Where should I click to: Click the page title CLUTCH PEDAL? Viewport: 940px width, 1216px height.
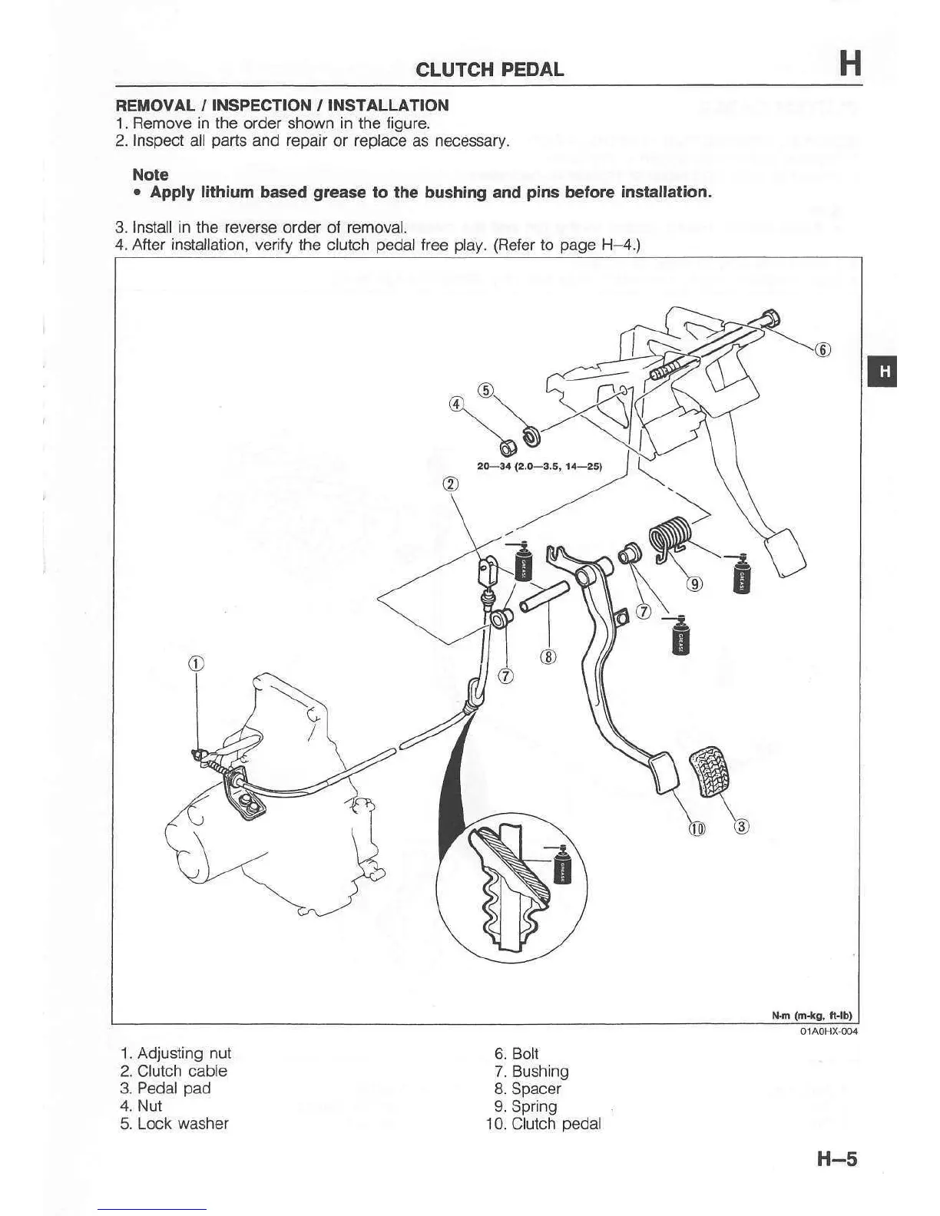tap(489, 69)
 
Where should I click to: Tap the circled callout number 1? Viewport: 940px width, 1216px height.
tap(196, 664)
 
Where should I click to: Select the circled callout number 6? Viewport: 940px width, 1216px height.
tap(822, 350)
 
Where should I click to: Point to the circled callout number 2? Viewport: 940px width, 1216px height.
tap(451, 484)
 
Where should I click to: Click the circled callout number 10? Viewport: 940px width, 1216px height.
tap(697, 828)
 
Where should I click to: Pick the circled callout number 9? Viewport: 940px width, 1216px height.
tap(694, 585)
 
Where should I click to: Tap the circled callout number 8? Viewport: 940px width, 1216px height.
tap(548, 656)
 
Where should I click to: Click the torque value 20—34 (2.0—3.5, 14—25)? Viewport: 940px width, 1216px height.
tap(539, 466)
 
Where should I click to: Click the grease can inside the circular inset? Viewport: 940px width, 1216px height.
tap(562, 865)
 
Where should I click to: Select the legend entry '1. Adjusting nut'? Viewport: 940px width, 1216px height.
tap(175, 1053)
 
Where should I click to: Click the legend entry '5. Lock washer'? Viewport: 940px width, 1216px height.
tap(174, 1123)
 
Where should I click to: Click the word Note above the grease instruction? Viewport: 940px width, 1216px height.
tap(151, 174)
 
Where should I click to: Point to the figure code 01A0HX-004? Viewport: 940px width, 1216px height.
tap(828, 1031)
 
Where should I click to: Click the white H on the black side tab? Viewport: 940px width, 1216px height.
tap(885, 372)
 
